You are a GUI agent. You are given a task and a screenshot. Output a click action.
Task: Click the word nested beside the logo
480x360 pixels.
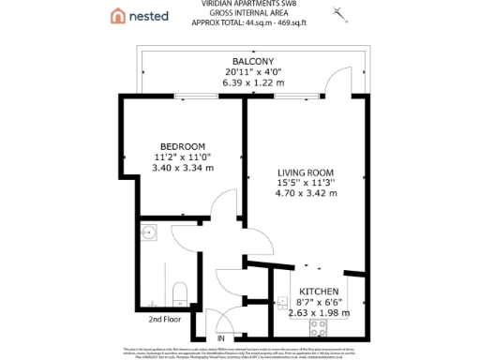point(149,16)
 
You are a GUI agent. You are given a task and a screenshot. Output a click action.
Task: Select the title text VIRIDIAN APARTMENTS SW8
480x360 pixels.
point(239,4)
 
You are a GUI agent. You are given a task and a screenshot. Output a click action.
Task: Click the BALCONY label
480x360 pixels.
point(239,62)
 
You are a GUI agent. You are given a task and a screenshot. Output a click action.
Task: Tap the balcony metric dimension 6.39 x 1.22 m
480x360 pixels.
point(239,82)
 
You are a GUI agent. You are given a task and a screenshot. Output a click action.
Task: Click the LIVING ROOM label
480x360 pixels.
point(306,172)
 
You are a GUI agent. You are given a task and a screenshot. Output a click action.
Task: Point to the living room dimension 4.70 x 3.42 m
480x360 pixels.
point(306,193)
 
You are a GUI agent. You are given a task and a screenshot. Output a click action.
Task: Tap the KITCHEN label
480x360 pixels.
point(318,292)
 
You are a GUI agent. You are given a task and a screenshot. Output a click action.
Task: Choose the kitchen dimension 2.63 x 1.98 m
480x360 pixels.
point(318,312)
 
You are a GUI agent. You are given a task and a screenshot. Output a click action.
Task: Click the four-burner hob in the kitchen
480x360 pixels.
point(318,329)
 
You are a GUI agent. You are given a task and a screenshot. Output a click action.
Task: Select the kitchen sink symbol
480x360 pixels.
point(282,304)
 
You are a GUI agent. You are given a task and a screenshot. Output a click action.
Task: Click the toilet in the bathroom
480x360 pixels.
point(182,290)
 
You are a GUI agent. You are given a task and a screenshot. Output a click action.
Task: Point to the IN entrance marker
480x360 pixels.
point(221,337)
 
